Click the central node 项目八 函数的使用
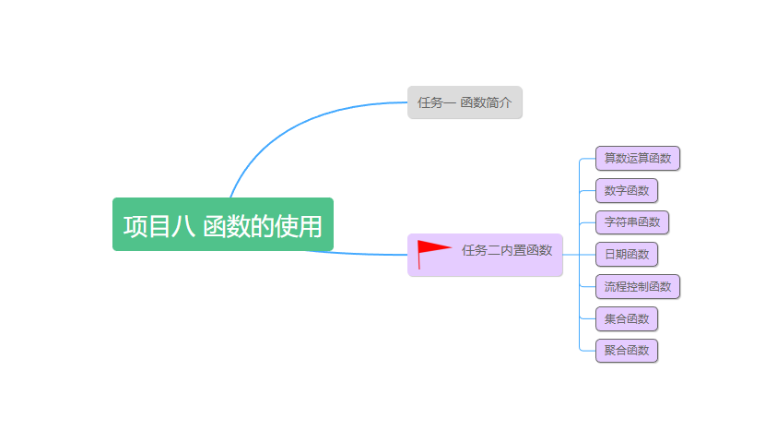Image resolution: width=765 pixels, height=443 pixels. tap(222, 224)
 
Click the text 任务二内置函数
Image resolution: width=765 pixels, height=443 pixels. tap(507, 250)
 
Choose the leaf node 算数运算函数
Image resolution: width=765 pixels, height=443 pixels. tap(637, 158)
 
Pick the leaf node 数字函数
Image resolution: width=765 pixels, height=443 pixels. tap(626, 191)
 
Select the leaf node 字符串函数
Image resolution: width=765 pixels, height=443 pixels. tap(631, 222)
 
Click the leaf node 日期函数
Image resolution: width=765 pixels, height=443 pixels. tap(626, 254)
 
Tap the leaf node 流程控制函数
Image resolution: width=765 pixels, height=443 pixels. tap(637, 286)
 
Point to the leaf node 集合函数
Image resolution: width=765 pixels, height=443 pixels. tap(626, 318)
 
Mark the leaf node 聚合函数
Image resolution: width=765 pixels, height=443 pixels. tap(626, 350)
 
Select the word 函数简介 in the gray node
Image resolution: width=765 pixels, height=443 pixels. tap(486, 102)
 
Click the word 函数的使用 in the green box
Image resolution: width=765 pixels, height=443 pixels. tap(263, 226)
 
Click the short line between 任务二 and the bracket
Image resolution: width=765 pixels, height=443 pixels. tap(571, 254)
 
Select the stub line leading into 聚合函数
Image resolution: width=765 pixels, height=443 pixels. tap(587, 351)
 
